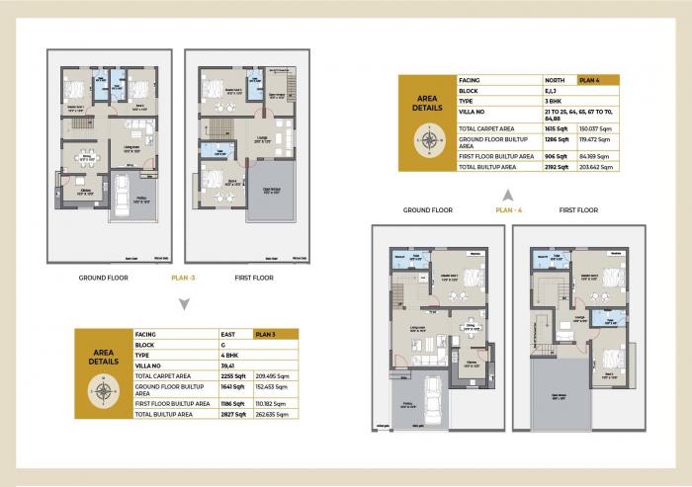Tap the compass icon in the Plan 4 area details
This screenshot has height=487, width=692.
coord(428,138)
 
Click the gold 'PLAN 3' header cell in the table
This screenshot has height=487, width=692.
coord(272,335)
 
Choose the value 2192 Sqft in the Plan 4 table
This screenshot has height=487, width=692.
coord(558,167)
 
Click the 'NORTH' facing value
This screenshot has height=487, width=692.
coord(557,79)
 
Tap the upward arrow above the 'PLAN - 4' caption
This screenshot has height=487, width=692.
coord(506,194)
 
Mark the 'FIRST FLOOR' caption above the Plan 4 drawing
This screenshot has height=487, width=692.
coord(578,210)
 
